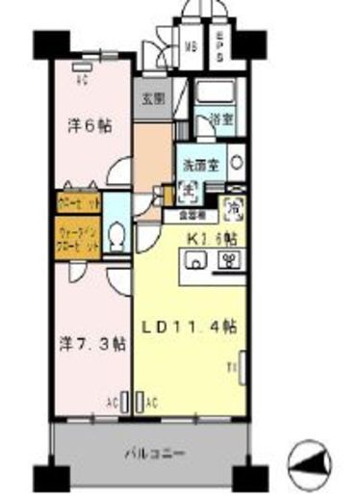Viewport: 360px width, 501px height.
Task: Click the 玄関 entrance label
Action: pos(152,98)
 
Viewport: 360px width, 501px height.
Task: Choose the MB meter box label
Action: pos(191,44)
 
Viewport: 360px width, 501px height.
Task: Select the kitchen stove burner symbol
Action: pos(229,260)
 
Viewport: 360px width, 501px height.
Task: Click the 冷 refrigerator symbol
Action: pos(233,206)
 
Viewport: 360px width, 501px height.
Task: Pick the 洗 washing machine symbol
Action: pos(193,189)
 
